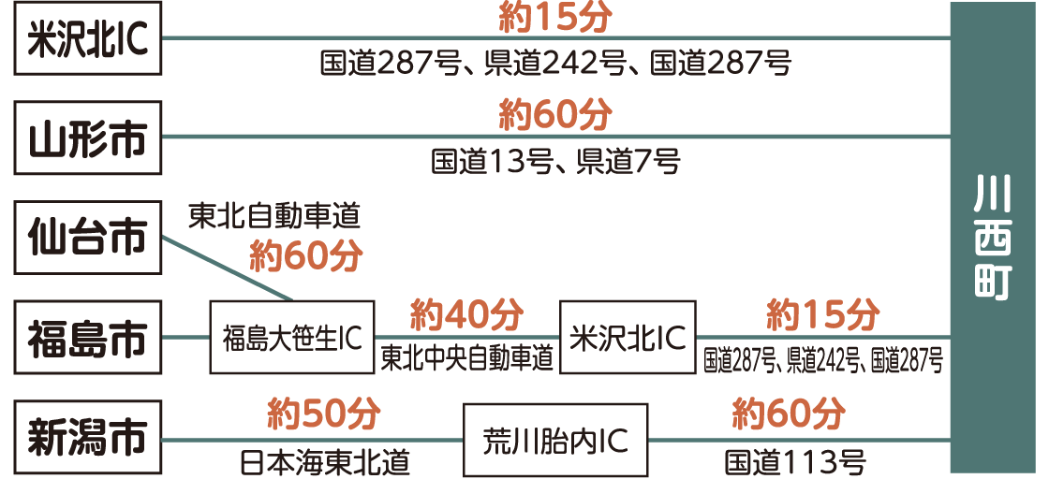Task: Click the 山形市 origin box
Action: pos(89,138)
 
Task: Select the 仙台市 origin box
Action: pos(89,238)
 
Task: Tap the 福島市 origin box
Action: pos(89,338)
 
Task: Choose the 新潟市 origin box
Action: pos(89,438)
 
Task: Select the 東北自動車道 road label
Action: pos(274,217)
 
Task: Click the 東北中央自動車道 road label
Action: pos(466,360)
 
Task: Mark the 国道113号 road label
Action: pos(794,461)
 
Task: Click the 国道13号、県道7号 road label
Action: pos(555,162)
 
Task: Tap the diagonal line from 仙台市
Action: pos(229,269)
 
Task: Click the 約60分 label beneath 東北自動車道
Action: pos(305,256)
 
